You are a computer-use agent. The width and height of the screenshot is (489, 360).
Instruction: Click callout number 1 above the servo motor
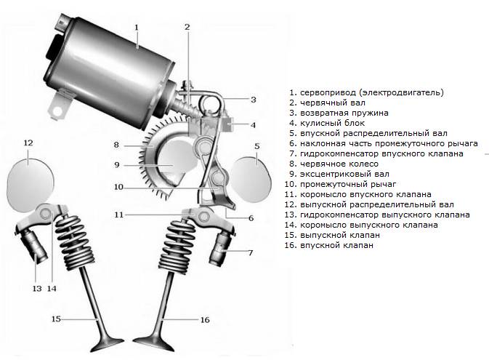click(136, 28)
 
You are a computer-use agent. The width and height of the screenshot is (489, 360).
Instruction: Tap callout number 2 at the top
click(187, 27)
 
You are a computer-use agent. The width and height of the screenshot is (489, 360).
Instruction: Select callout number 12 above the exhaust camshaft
click(28, 143)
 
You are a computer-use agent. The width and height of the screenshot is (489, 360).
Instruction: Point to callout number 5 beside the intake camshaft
click(257, 146)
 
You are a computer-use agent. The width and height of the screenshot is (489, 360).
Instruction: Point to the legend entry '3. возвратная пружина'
click(339, 113)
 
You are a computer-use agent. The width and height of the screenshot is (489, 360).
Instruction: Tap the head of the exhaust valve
click(108, 343)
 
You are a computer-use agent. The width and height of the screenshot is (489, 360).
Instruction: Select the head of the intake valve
click(154, 343)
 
